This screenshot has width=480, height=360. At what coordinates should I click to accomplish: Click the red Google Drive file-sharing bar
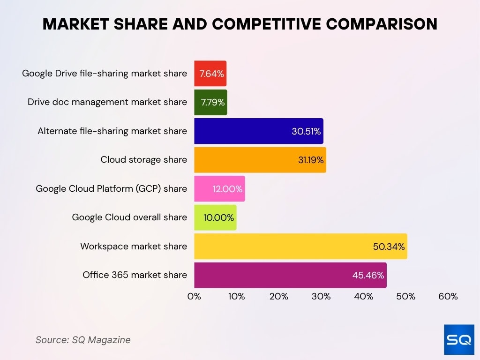click(210, 73)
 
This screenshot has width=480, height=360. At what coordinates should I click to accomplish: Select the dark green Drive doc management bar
click(210, 102)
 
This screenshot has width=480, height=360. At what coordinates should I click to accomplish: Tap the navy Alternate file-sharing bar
click(258, 131)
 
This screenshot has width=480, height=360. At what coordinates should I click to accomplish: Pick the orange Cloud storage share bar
click(260, 160)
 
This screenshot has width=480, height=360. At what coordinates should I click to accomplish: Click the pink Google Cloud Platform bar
click(219, 189)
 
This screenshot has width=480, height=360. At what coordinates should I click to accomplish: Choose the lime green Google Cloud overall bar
click(215, 217)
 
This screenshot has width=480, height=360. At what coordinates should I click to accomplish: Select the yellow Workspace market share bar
click(300, 247)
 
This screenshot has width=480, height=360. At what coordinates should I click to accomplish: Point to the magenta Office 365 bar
click(290, 275)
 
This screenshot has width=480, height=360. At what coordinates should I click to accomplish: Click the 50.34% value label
click(389, 247)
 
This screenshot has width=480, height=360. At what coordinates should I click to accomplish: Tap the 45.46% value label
click(368, 275)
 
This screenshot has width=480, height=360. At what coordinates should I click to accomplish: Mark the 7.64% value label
click(212, 74)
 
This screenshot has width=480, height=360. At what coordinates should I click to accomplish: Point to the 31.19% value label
click(311, 160)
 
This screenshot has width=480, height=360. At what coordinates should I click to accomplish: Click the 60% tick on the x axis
click(448, 297)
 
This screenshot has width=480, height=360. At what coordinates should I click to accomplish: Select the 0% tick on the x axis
click(194, 297)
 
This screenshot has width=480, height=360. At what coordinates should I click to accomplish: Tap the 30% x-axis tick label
click(321, 297)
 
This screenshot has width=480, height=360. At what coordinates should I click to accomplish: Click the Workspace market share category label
click(134, 247)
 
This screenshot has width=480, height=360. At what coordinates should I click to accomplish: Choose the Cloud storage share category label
click(143, 160)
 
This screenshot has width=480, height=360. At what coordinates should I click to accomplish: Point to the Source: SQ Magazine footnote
click(83, 340)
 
